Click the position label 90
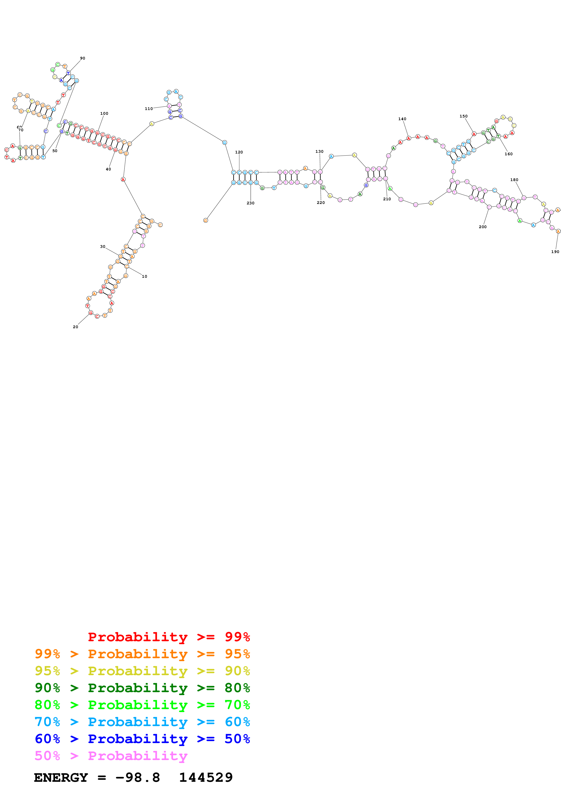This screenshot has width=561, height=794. point(82,58)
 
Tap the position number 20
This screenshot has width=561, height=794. point(75,327)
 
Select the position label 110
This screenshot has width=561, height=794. point(149,109)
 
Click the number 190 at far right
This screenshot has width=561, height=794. point(555,252)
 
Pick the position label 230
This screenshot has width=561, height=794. point(250,203)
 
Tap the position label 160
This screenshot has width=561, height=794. point(508,154)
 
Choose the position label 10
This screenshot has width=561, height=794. point(144,276)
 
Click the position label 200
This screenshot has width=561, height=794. point(482,227)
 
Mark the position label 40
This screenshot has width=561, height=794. point(108,169)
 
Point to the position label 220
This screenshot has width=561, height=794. point(320,203)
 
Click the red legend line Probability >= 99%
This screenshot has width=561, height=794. point(169,637)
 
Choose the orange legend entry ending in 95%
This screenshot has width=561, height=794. point(142,654)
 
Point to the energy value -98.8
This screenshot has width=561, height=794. point(138,777)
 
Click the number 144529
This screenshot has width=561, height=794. point(206,777)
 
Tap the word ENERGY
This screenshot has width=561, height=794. point(61,777)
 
